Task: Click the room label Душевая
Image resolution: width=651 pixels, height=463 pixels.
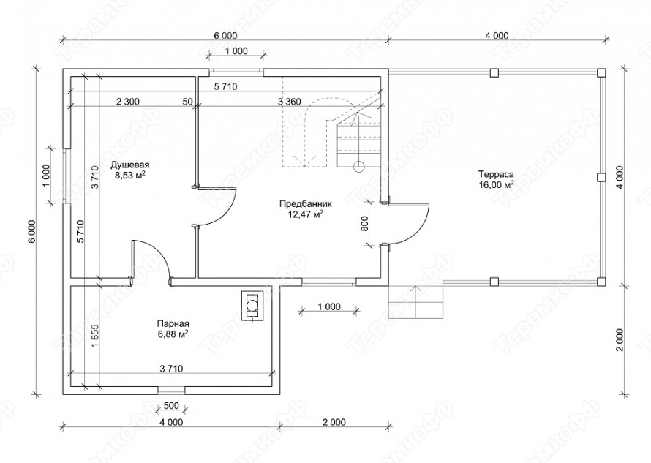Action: (x=130, y=165)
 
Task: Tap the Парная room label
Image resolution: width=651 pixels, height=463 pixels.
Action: (x=173, y=323)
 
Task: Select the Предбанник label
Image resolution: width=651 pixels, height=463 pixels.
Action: (x=306, y=204)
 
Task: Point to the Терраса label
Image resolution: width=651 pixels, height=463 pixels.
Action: (x=496, y=174)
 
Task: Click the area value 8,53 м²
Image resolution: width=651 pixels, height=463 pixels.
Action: (x=130, y=176)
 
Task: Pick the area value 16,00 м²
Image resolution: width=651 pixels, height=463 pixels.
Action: (x=496, y=185)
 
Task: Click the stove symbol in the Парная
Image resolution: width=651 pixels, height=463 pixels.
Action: (x=252, y=306)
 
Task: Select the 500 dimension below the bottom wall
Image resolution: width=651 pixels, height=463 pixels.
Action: (x=171, y=406)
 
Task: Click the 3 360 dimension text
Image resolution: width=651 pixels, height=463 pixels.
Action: (x=290, y=102)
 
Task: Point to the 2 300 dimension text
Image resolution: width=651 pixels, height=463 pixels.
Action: (x=127, y=102)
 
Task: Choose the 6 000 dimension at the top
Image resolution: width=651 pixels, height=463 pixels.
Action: (x=225, y=36)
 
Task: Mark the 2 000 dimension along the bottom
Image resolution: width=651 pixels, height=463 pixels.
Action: (x=334, y=422)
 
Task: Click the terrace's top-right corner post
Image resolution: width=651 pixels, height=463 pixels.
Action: (x=601, y=72)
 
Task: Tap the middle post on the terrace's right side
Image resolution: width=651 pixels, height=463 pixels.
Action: (x=601, y=177)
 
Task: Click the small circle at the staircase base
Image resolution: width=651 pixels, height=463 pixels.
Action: (x=358, y=166)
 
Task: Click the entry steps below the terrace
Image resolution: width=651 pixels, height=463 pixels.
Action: (x=416, y=302)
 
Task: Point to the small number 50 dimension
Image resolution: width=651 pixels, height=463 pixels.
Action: (x=187, y=102)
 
